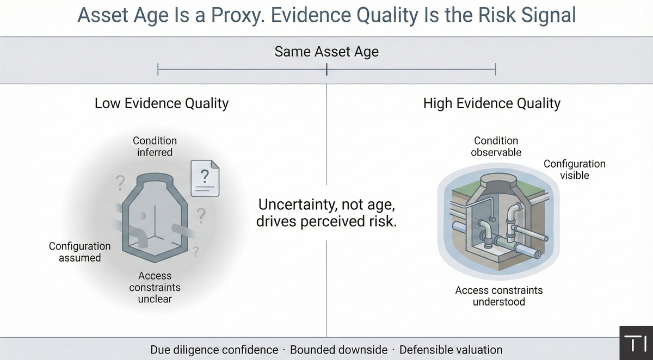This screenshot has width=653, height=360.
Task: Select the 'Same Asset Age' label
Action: (326, 52)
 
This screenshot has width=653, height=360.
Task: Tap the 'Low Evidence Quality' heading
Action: (162, 103)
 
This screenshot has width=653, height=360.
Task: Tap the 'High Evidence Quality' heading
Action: (492, 103)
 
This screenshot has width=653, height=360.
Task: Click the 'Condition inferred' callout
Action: (155, 146)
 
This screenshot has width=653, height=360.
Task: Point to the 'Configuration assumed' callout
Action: (79, 252)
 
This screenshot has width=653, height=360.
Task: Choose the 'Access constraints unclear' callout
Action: (155, 288)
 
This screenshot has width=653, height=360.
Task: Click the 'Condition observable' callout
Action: (496, 146)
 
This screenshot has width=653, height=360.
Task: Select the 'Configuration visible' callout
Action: (574, 169)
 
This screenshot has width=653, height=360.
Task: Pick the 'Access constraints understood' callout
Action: (499, 295)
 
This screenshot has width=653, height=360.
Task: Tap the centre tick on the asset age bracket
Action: (326, 69)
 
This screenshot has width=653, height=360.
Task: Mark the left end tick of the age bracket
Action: (157, 69)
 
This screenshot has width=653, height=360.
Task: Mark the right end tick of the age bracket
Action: (496, 69)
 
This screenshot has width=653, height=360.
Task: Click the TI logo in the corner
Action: (636, 344)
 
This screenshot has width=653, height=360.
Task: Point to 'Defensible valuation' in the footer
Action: (451, 350)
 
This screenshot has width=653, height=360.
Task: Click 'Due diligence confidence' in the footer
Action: (214, 350)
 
